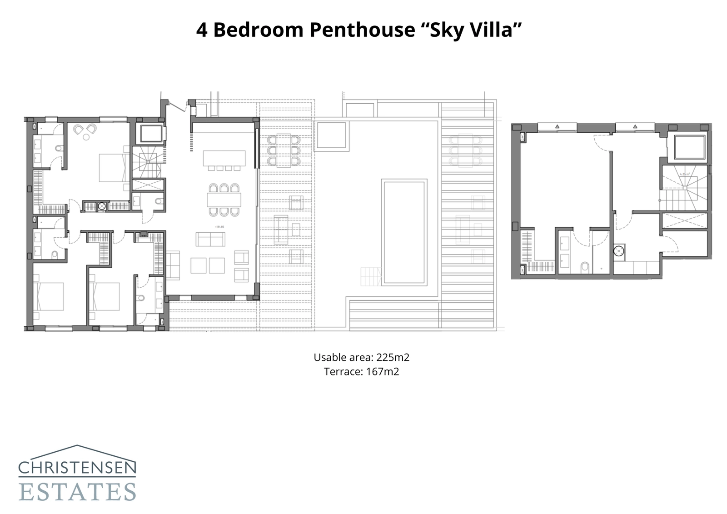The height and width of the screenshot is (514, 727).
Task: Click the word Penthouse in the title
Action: [362, 30]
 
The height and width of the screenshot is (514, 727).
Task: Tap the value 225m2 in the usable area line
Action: [393, 357]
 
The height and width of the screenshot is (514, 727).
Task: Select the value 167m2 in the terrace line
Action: [382, 372]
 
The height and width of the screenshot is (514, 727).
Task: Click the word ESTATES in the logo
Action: [77, 492]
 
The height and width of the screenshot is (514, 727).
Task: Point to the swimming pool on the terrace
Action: [404, 232]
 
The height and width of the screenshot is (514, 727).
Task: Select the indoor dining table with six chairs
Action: [224, 200]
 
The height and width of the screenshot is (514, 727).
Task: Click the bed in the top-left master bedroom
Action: [112, 168]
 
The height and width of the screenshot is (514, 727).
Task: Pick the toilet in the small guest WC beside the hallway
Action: [158, 201]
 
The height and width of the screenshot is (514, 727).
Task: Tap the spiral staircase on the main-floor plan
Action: [146, 162]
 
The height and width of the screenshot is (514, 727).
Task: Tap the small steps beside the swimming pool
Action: [370, 276]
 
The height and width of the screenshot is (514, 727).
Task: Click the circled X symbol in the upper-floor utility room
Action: [618, 250]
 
